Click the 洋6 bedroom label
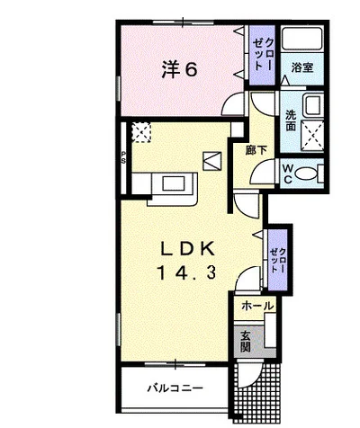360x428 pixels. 180,70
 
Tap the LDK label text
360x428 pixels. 188,249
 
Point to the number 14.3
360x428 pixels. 186,272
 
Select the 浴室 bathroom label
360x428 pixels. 302,67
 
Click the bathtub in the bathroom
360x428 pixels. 302,38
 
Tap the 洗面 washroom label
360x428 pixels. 291,120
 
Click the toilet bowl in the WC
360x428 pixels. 305,174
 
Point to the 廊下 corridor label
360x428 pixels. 256,150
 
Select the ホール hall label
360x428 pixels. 257,306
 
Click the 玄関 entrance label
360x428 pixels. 246,341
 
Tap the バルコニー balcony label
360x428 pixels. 175,388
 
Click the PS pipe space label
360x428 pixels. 123,157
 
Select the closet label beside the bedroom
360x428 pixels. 263,54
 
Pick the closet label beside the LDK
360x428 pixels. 278,260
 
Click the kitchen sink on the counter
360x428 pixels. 174,183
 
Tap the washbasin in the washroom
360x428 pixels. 313,105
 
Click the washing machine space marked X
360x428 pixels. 312,135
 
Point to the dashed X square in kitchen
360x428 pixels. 141,132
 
